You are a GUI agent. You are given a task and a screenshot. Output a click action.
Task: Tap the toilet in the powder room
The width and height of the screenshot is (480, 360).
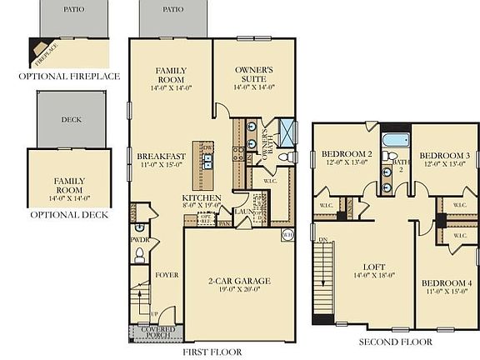coord(139,227)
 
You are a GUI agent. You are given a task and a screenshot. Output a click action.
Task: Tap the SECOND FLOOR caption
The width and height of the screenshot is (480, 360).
coord(395,342)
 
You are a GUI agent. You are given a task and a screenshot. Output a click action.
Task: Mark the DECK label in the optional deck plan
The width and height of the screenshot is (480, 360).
coord(71,119)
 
